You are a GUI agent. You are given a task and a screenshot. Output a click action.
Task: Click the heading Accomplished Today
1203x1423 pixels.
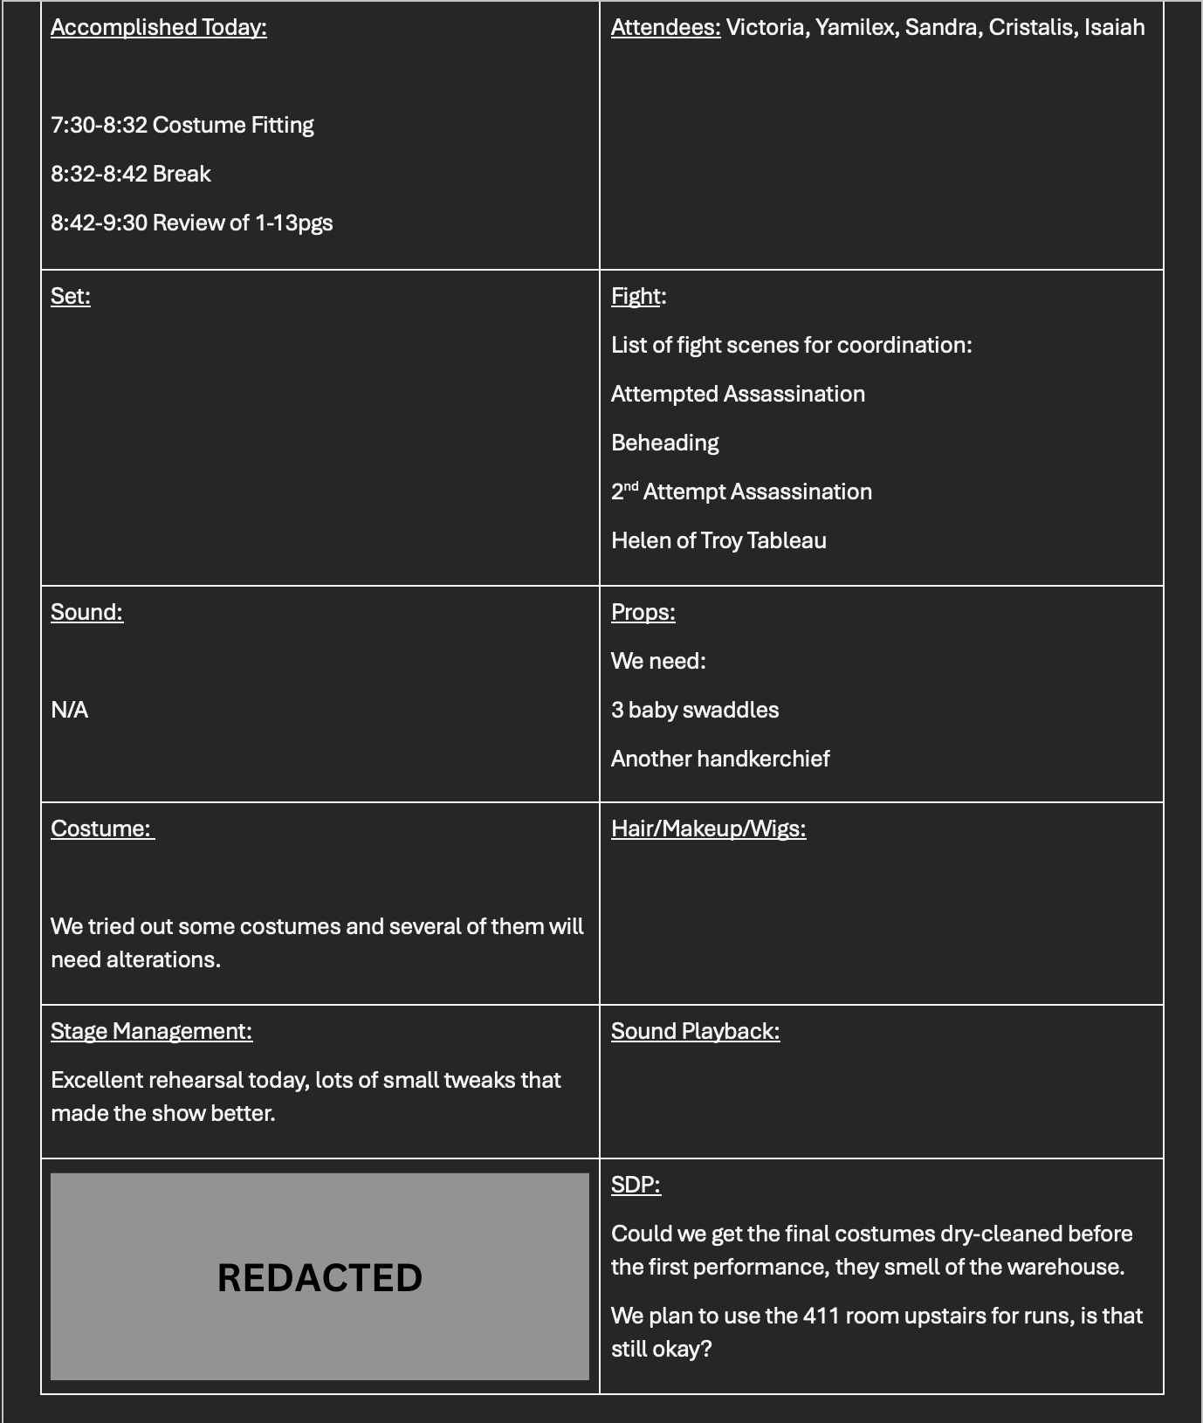tap(158, 27)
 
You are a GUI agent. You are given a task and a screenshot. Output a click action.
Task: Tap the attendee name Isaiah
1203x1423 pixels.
tap(1114, 27)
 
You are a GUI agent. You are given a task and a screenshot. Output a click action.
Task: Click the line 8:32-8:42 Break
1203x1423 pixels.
tap(131, 174)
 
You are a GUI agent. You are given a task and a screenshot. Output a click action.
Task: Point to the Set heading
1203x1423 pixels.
tap(70, 296)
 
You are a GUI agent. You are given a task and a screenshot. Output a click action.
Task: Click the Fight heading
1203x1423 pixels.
tap(636, 296)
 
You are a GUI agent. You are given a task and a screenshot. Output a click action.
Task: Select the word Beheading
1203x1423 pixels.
tap(664, 443)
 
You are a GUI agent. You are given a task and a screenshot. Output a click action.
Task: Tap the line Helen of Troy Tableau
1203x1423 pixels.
tap(718, 540)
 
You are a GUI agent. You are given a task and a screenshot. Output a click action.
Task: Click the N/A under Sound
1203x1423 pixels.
tap(69, 710)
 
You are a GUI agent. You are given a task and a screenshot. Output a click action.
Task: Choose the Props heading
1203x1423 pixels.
tap(643, 612)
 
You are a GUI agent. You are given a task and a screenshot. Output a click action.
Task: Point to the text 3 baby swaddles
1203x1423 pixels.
tap(695, 710)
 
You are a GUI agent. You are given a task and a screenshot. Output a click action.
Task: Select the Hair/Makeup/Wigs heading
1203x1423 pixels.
tap(708, 828)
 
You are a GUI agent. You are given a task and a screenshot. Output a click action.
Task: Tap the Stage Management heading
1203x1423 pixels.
tap(151, 1031)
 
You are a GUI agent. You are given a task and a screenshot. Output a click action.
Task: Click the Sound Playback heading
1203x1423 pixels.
tap(695, 1031)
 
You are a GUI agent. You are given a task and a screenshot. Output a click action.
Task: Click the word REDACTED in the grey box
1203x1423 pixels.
tap(320, 1277)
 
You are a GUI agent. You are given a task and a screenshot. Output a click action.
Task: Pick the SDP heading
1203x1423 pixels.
tap(636, 1185)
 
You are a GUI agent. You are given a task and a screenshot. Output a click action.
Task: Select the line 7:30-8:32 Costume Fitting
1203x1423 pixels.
tap(182, 125)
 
